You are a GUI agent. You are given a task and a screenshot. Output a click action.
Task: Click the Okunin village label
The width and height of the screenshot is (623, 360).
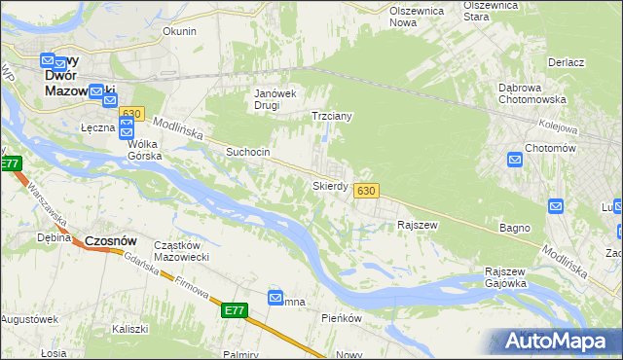179,31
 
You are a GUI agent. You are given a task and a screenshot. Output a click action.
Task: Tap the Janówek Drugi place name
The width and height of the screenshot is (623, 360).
275,99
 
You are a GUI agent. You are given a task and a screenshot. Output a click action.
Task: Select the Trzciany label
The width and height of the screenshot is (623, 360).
331,116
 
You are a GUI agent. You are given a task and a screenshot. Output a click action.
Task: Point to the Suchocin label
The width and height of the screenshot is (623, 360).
248,153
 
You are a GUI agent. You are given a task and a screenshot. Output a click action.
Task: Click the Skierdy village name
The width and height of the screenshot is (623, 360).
330,185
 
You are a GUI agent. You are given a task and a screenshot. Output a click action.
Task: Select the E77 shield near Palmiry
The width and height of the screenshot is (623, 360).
234,310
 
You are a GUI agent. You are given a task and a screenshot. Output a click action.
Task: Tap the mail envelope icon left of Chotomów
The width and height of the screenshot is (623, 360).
514,160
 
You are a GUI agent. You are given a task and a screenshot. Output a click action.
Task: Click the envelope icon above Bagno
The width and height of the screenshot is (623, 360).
556,206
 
